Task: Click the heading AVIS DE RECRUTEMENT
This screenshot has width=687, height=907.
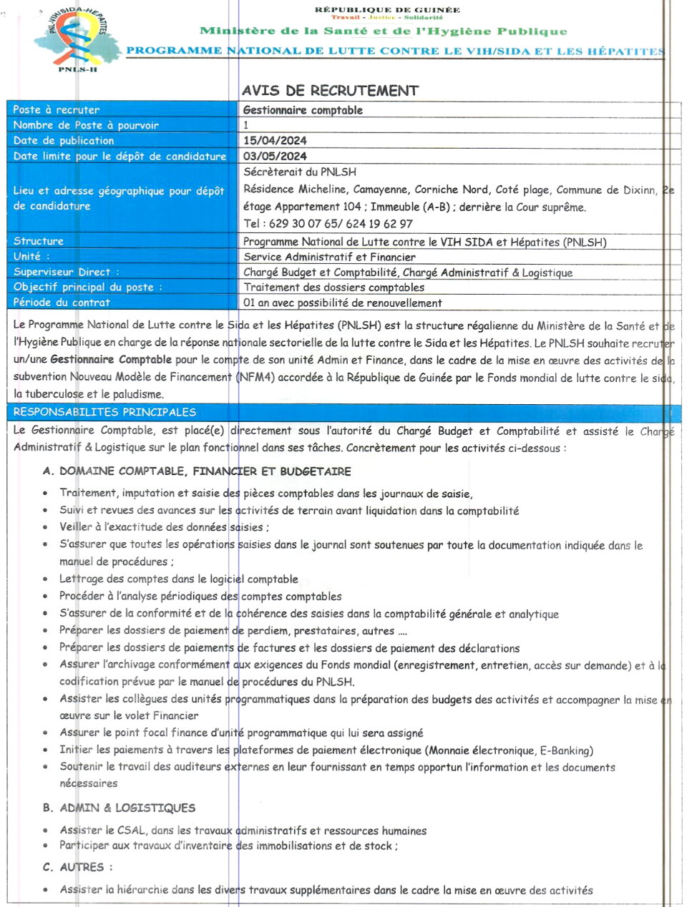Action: (330, 91)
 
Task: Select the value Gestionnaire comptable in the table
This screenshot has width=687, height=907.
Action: (303, 110)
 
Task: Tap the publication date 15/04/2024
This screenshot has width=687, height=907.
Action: (275, 141)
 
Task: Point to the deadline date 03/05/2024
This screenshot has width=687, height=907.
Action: (275, 156)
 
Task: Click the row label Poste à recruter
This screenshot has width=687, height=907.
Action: (57, 109)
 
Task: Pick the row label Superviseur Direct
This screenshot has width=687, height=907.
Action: (66, 272)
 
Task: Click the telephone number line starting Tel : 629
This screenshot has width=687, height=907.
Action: (328, 223)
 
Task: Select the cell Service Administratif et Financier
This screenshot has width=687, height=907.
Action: (329, 257)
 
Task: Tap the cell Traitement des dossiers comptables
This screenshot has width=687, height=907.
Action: (333, 287)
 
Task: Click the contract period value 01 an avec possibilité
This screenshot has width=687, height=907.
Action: (342, 303)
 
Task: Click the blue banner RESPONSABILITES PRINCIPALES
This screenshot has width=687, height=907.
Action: (104, 412)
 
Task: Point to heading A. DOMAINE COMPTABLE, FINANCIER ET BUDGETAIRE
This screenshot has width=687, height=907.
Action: (197, 471)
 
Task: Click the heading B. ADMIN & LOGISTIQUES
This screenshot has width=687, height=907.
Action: (119, 808)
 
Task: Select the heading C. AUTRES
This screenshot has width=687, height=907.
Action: (77, 867)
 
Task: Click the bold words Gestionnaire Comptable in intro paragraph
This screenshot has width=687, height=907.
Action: (111, 360)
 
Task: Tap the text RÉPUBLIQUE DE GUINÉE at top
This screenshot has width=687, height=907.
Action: (387, 10)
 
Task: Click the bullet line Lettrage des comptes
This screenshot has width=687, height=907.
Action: (179, 579)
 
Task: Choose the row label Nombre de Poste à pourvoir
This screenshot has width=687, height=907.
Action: (86, 125)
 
